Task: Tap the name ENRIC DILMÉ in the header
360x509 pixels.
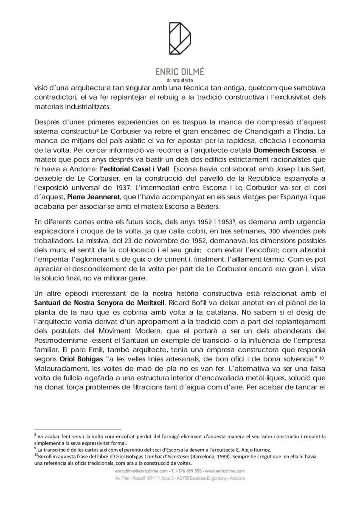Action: [x=180, y=72]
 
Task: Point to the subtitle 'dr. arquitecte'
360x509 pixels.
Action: [x=180, y=80]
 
